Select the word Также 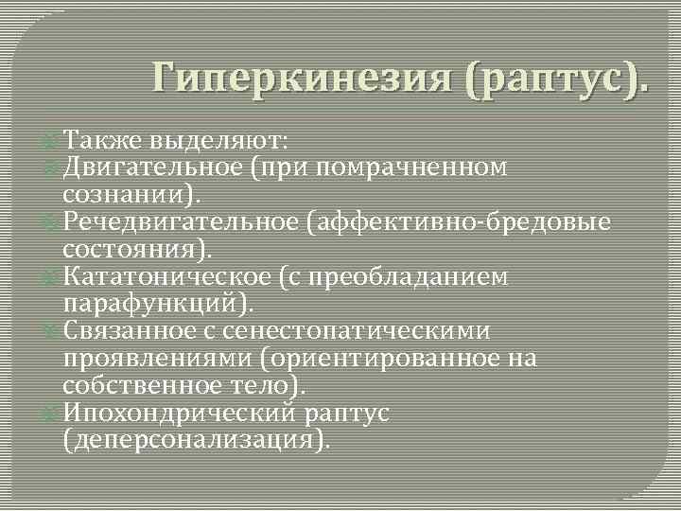pyautogui.click(x=101, y=141)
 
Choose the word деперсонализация pyautogui.click(x=193, y=440)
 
